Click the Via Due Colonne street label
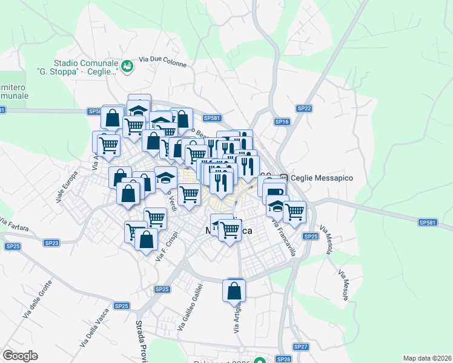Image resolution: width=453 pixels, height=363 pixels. tap(163, 60)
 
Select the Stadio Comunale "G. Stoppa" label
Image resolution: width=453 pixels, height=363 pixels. tap(85, 67)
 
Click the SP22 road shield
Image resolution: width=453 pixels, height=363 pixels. tap(304, 108)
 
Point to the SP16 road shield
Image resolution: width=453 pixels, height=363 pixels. tap(282, 122)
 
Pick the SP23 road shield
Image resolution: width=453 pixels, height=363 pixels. tap(51, 243)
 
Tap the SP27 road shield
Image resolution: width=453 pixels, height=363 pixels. tap(301, 347)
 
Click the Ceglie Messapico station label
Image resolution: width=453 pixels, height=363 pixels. tap(322, 178)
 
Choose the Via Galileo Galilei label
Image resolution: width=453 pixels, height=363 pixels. tap(190, 307)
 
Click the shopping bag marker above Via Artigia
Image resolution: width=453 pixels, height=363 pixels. tap(234, 291)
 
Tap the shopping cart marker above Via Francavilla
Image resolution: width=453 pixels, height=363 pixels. tap(294, 212)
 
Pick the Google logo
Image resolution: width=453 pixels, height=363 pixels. tap(20, 356)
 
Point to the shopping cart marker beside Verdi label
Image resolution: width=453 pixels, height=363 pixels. tap(189, 195)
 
